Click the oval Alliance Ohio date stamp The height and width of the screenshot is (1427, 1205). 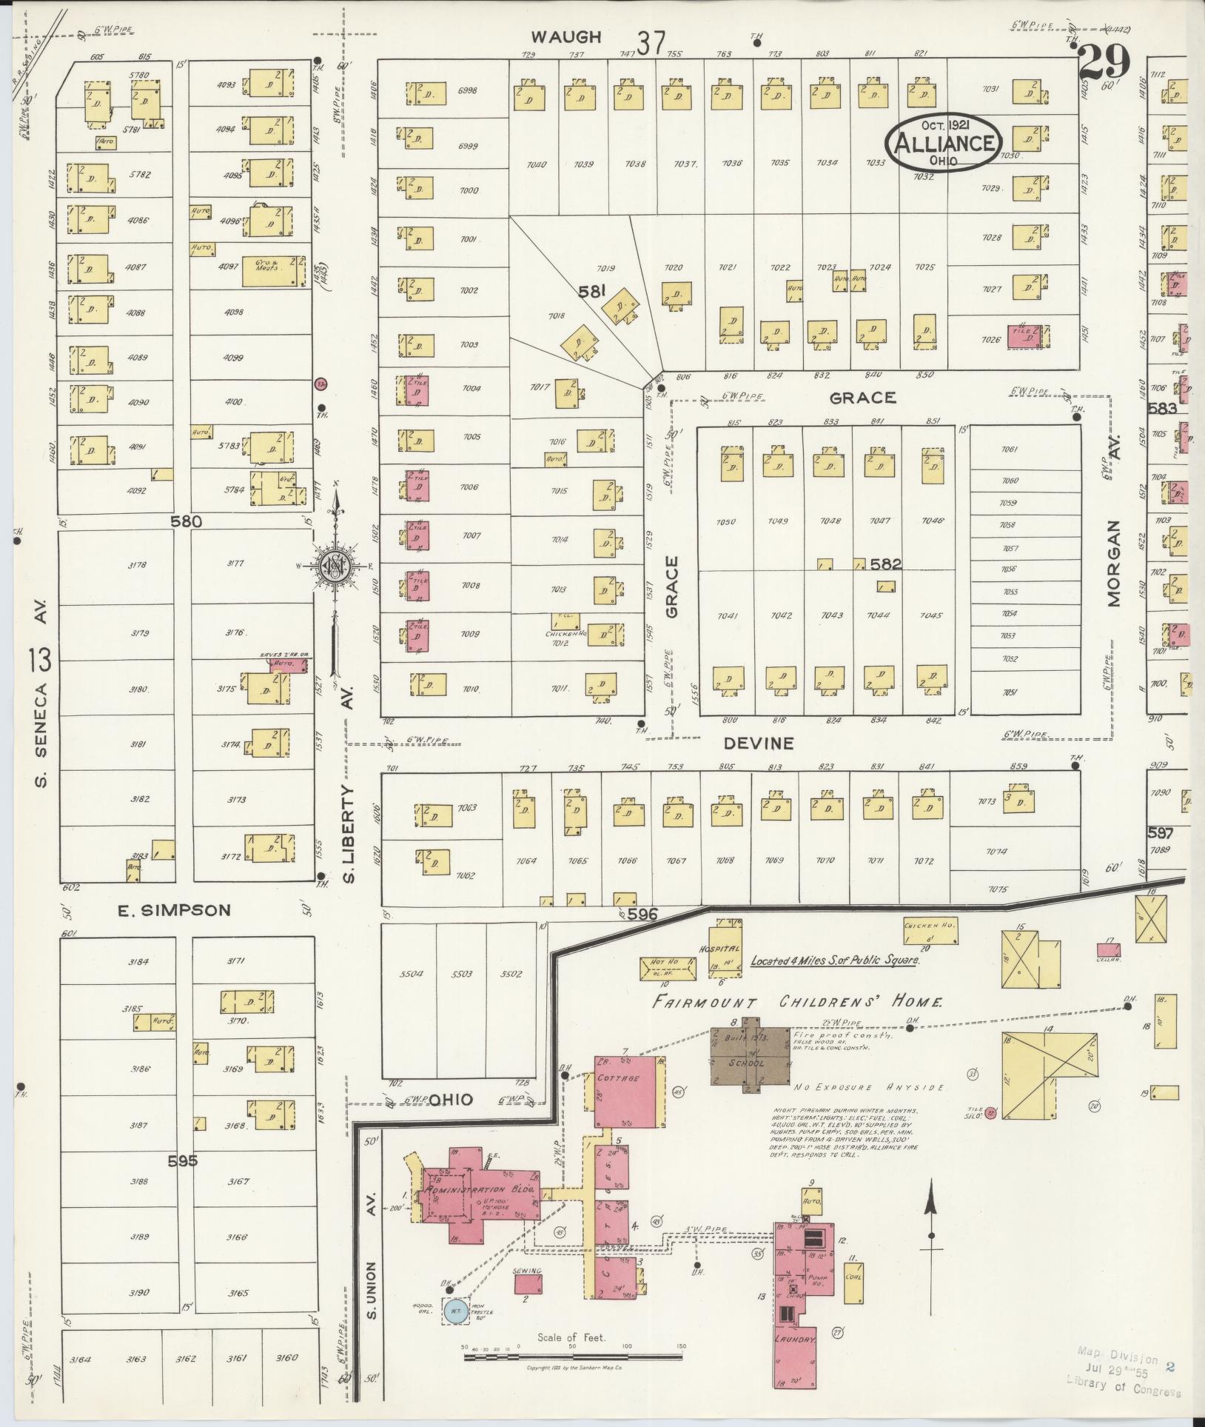point(944,143)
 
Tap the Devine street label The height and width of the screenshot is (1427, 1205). point(759,743)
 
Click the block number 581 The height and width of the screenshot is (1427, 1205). point(592,292)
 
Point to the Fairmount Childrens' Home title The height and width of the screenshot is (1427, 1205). point(798,1003)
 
